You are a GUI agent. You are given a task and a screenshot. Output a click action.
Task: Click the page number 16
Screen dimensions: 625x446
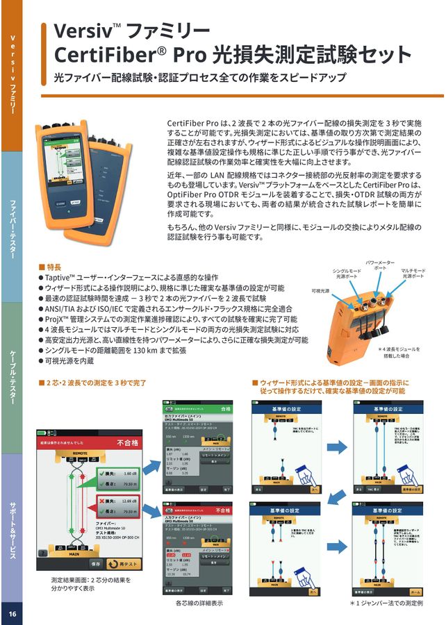[x=11, y=614]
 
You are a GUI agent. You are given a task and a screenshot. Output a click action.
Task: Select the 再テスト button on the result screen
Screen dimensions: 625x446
[x=124, y=564]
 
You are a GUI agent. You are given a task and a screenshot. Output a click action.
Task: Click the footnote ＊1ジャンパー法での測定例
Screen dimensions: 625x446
[x=386, y=603]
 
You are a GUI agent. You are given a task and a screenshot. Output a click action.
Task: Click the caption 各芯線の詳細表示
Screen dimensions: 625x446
[x=199, y=603]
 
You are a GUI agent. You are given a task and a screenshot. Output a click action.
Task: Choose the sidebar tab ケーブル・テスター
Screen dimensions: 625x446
[x=12, y=378]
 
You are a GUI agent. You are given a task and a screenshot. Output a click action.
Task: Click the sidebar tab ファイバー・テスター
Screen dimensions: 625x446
[x=12, y=230]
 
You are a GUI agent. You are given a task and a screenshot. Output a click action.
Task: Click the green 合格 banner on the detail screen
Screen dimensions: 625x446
[x=224, y=409]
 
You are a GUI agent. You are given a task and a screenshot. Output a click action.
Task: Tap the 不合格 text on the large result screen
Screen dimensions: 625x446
[x=129, y=442]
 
